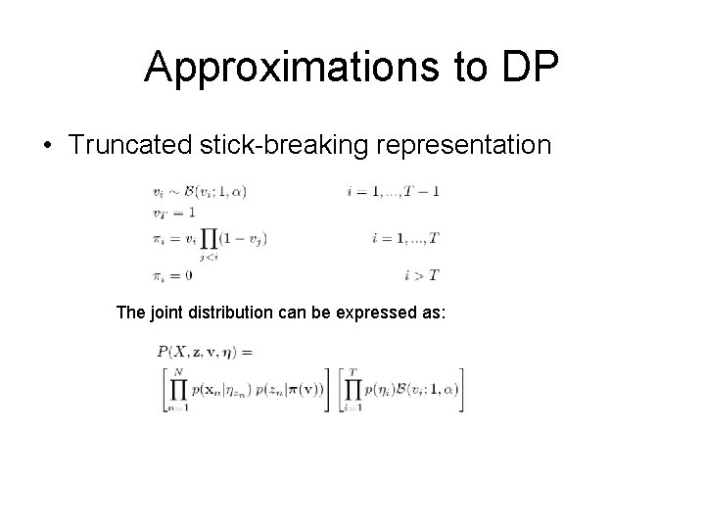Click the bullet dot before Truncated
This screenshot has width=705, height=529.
48,146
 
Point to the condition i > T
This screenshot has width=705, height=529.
420,275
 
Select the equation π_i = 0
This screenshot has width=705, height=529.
172,275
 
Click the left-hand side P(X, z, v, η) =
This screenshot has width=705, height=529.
204,351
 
